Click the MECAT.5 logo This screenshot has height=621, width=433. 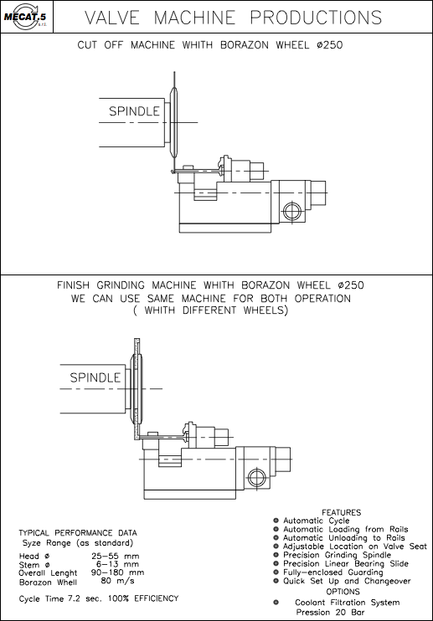tap(26, 17)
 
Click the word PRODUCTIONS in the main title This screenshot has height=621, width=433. tap(316, 18)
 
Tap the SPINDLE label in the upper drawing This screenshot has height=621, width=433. tap(134, 111)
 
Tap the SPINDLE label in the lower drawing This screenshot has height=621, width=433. tap(95, 377)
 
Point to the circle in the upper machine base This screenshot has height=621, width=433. tap(291, 210)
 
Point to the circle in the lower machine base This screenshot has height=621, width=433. tap(256, 476)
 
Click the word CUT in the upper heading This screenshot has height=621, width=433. tap(87, 45)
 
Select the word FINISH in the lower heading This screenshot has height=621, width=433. tap(74, 285)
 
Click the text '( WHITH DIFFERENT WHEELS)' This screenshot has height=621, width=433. tap(210, 310)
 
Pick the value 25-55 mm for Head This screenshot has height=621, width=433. tap(116, 556)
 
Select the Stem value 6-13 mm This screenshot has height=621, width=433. tap(117, 564)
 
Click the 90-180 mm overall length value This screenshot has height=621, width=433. tap(117, 572)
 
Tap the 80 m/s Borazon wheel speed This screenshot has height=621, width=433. tap(117, 581)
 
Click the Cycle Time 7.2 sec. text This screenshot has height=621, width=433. tap(60, 599)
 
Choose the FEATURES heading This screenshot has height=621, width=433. tap(342, 512)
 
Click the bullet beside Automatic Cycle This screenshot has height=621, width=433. tap(276, 521)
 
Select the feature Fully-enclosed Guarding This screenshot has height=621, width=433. tap(332, 572)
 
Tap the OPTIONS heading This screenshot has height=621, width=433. tap(343, 592)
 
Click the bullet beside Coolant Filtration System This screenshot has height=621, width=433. tap(276, 603)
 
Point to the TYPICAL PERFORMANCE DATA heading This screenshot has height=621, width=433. tap(78, 533)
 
